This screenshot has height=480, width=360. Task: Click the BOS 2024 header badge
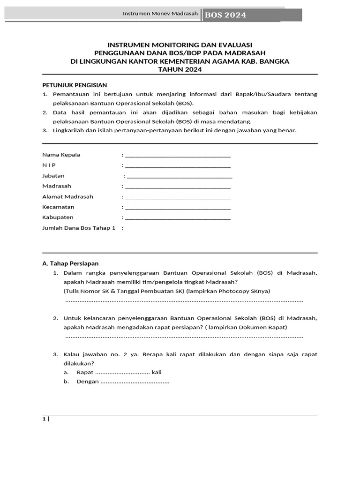[225, 15]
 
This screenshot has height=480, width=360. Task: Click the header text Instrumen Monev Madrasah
[160, 14]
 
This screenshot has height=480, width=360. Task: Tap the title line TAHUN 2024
[180, 69]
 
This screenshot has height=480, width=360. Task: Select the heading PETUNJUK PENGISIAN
[75, 85]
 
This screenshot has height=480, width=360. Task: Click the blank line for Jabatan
[180, 176]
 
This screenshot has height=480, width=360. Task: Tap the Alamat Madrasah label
[67, 196]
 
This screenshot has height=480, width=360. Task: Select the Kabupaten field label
[58, 217]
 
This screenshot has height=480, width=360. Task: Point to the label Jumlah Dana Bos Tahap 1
[78, 228]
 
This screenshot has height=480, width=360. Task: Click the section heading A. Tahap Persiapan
[70, 263]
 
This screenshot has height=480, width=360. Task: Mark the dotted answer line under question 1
[184, 300]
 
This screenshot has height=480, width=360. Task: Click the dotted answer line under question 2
[184, 337]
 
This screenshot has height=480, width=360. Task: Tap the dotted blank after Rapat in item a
[122, 373]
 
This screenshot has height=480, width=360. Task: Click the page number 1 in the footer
[44, 419]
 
